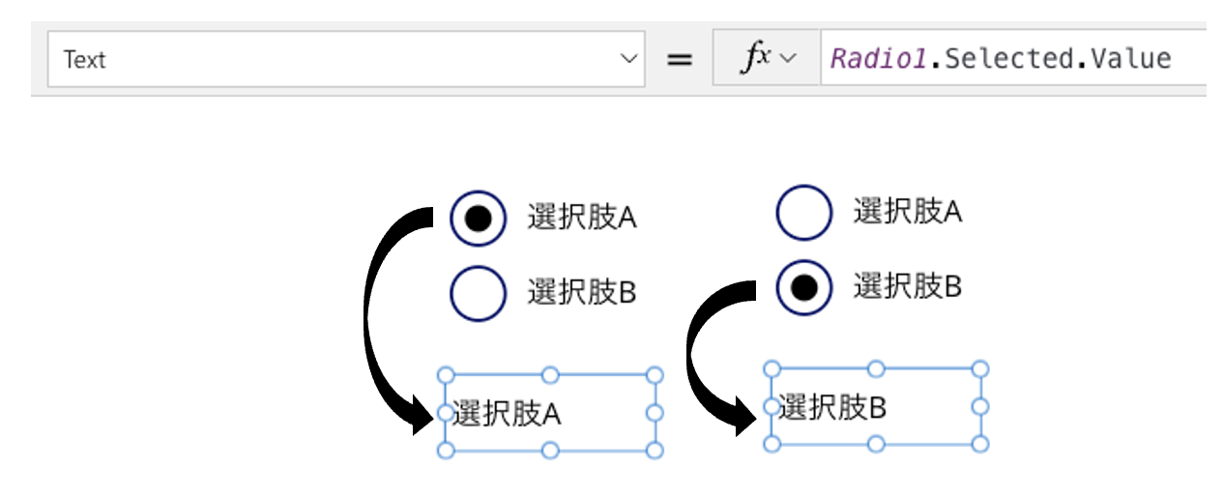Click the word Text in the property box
(x=84, y=60)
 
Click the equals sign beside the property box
(x=681, y=60)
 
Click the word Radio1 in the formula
(x=878, y=59)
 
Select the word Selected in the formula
(x=1006, y=59)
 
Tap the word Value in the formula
(x=1130, y=59)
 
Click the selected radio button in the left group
(x=478, y=219)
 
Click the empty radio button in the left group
(x=478, y=292)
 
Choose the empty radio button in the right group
(x=803, y=212)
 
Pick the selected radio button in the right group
(x=803, y=286)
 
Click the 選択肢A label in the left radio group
(x=581, y=218)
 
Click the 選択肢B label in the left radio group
(x=581, y=292)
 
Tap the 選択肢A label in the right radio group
(x=907, y=212)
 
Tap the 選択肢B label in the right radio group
(x=907, y=286)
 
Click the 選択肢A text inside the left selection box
(x=506, y=414)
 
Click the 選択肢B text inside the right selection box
(x=831, y=408)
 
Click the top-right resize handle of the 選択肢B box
(x=979, y=368)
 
